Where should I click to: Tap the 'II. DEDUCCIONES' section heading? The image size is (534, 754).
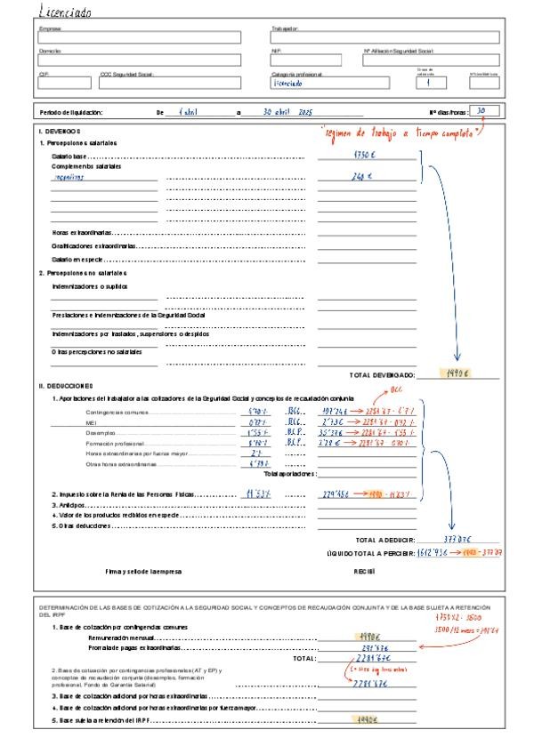tap(66, 386)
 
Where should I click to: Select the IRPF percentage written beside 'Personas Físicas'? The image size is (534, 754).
tap(255, 493)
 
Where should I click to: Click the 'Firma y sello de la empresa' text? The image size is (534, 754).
tap(143, 571)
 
